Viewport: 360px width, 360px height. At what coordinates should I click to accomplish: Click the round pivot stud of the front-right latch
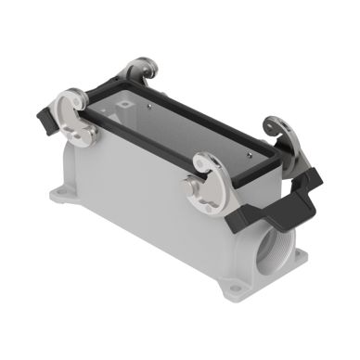[198, 186]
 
